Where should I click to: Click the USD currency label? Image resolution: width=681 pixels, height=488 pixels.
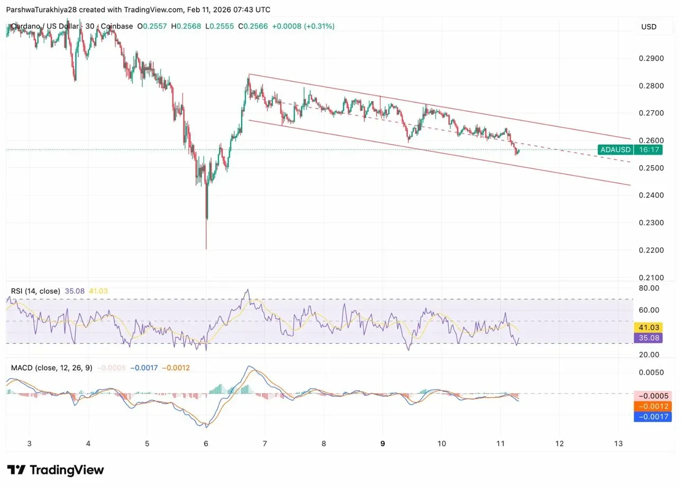(x=649, y=27)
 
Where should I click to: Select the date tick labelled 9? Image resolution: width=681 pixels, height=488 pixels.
(x=382, y=444)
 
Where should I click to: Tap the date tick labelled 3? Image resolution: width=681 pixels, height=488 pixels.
(x=30, y=444)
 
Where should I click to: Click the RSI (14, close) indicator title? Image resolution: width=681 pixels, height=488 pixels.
(x=35, y=291)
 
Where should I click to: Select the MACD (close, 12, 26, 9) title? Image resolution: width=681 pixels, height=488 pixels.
(x=51, y=368)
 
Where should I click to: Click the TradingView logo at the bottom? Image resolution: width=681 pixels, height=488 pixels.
(x=56, y=470)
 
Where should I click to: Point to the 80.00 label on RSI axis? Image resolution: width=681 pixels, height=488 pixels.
(x=649, y=288)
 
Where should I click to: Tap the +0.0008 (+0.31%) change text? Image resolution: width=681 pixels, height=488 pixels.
(x=303, y=26)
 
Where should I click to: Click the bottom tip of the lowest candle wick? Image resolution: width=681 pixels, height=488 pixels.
(x=206, y=249)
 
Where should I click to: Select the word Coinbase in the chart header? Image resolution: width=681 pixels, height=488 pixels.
(x=117, y=26)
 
